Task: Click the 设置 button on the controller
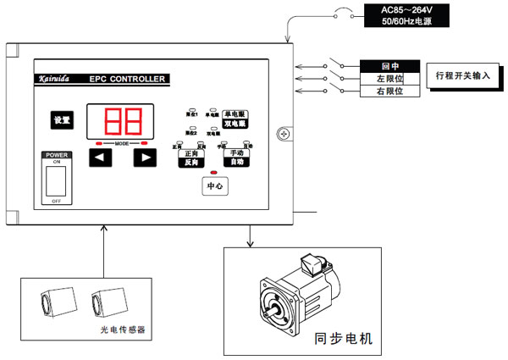point(61,120)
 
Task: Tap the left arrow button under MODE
point(100,157)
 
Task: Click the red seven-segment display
point(119,123)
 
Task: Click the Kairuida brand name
point(57,80)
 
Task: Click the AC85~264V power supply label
point(393,14)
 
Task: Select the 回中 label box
point(390,65)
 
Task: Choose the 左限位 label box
point(390,79)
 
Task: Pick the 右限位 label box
point(390,91)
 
